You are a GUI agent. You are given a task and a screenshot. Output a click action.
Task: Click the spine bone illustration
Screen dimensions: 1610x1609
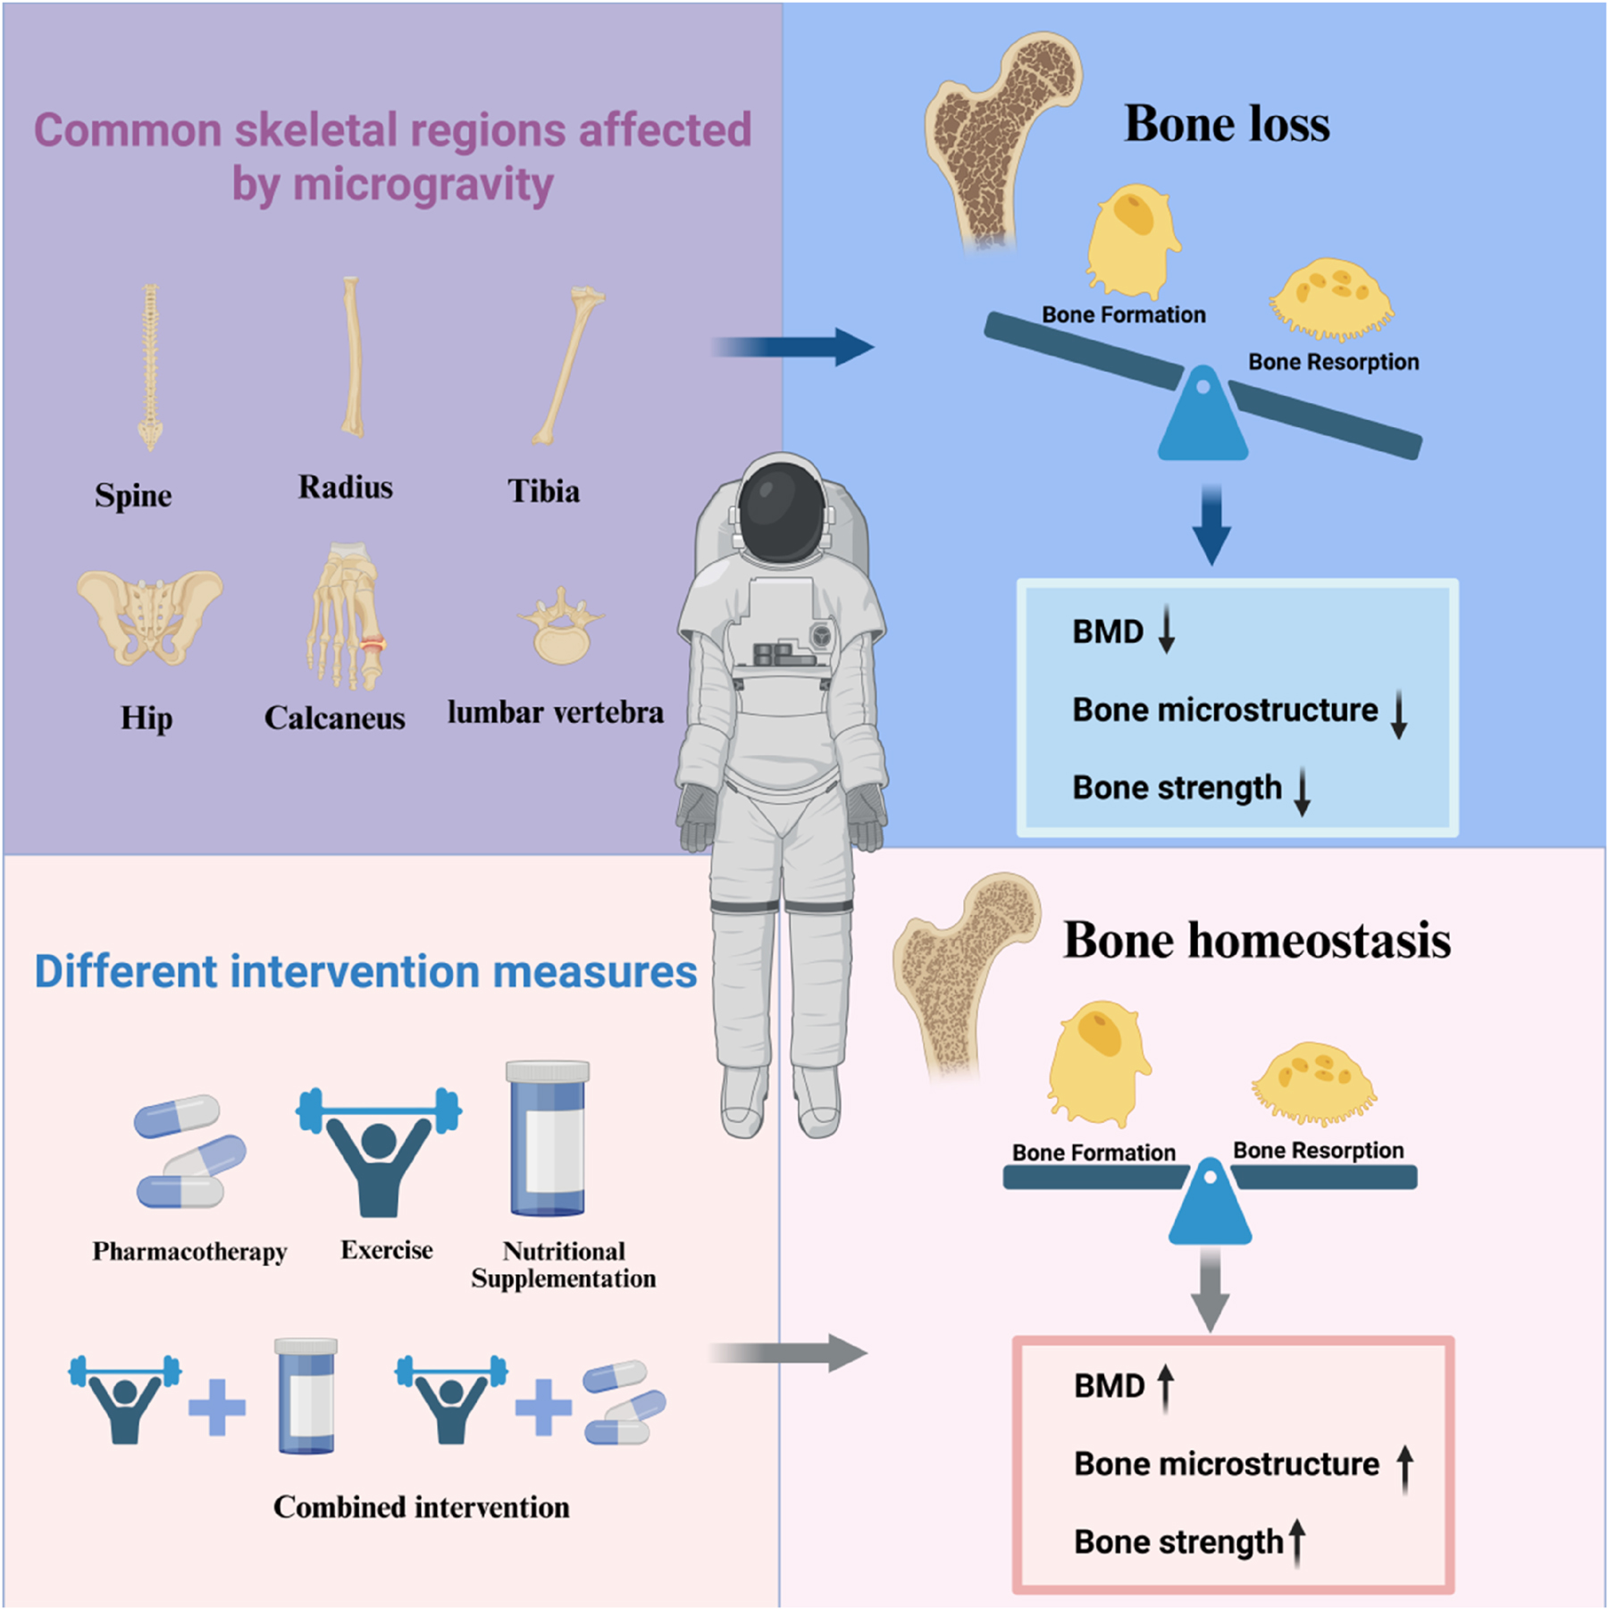(x=150, y=366)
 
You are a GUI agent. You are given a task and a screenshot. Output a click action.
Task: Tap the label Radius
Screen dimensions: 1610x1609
(x=345, y=488)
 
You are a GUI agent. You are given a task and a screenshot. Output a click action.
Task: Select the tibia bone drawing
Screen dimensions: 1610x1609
(x=567, y=366)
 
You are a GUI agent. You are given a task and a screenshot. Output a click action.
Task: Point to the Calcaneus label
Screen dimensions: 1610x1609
(x=334, y=718)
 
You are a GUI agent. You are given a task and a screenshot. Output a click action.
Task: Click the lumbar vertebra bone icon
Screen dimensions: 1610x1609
(x=561, y=627)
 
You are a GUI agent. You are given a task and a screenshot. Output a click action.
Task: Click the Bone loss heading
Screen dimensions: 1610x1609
(x=1226, y=123)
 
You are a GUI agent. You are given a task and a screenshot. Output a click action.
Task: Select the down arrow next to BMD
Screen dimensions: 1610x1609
(x=1166, y=631)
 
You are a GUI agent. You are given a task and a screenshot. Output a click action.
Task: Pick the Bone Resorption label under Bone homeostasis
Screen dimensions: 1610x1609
(x=1318, y=1151)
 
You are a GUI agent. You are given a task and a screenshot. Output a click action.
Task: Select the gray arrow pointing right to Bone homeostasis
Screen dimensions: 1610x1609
(x=790, y=1353)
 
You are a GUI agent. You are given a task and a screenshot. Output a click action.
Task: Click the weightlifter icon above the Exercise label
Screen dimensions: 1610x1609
(x=379, y=1153)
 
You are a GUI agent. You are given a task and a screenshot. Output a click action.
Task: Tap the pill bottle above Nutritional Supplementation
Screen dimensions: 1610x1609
(x=548, y=1138)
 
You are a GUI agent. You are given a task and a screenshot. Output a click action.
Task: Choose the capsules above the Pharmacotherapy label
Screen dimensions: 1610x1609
(x=188, y=1153)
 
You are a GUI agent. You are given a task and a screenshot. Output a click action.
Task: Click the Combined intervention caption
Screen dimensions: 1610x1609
(x=421, y=1507)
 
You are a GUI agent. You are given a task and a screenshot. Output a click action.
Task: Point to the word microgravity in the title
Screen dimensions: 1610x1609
(x=423, y=186)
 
